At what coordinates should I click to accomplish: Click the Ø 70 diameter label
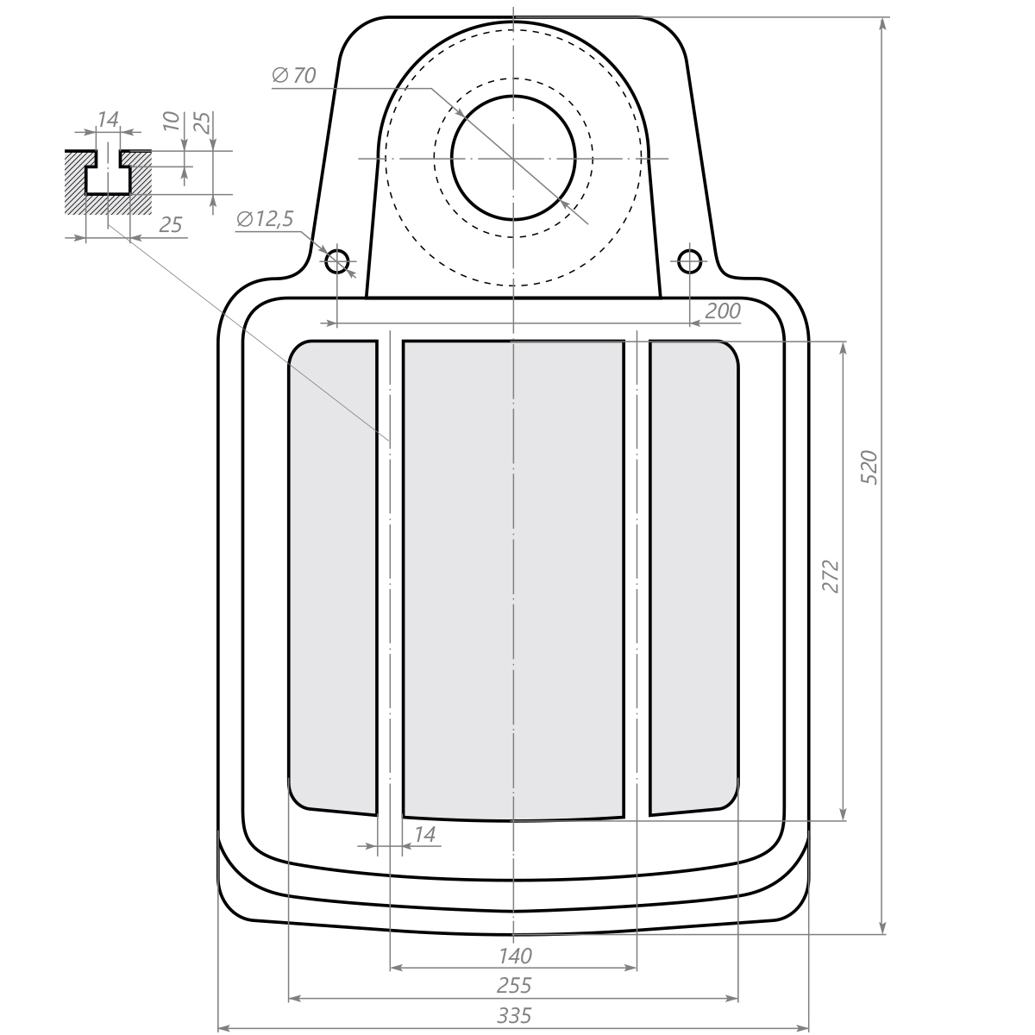[x=294, y=76]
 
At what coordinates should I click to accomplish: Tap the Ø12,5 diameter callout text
[x=265, y=219]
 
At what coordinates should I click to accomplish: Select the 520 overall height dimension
[x=869, y=467]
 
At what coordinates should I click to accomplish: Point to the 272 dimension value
[x=831, y=576]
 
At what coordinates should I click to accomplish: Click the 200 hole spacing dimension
[x=723, y=311]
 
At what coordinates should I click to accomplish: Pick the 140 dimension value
[x=515, y=956]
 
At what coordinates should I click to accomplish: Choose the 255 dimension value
[x=514, y=986]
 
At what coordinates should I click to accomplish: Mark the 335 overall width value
[x=514, y=1016]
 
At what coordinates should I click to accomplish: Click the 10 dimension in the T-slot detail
[x=171, y=121]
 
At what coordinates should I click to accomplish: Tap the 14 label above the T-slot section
[x=108, y=119]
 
